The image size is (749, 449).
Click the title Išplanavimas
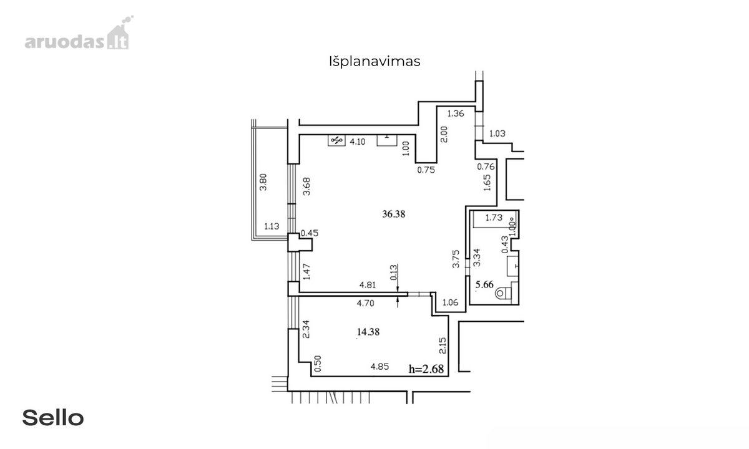pos(374,62)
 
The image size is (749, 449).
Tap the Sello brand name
pos(53,418)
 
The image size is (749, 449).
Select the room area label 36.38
pos(394,214)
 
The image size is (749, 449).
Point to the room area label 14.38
pos(368,332)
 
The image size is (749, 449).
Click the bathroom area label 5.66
pos(484,284)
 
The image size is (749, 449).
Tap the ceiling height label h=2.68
pos(426,369)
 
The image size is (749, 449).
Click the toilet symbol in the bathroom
pos(502,293)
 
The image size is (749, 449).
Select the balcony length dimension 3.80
pos(263,182)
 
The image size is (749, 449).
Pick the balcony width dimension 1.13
pos(272,226)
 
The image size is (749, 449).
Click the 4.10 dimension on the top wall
pos(358,142)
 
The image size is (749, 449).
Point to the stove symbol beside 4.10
pos(336,140)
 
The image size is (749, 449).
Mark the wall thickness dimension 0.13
pos(394,273)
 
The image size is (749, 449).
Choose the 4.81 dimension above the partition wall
pos(368,285)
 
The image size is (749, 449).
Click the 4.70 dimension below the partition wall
pos(366,303)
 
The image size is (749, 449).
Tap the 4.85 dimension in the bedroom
pos(379,367)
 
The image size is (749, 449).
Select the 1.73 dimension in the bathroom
pos(494,218)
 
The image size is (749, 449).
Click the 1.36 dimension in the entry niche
pos(456,113)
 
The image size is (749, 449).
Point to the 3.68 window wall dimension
pos(306,186)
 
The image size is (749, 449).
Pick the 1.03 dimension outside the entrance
pos(497,133)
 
